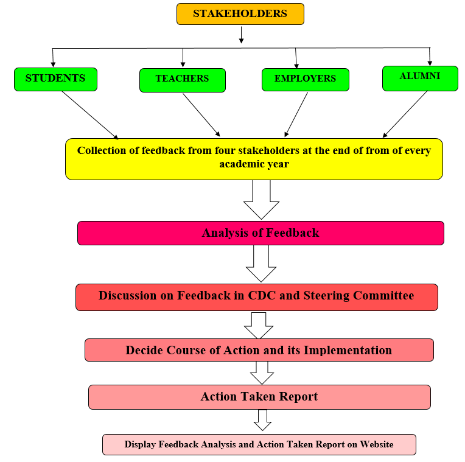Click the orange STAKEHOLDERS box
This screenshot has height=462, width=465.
[x=240, y=14]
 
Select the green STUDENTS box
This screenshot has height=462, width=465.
[x=56, y=79]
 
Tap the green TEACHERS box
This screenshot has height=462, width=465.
[x=183, y=80]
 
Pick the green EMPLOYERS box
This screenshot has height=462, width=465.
[x=306, y=80]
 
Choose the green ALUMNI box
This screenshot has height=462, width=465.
[x=420, y=79]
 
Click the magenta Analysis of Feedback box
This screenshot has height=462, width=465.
[x=260, y=233]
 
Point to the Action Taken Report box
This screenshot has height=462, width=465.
[x=259, y=397]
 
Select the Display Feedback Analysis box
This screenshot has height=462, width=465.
[x=259, y=444]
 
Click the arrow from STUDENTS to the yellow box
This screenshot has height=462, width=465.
[x=90, y=115]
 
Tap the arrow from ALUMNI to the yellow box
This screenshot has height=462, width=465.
[x=405, y=114]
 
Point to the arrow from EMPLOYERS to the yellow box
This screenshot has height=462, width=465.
[x=296, y=114]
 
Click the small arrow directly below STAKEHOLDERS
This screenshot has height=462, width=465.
[x=242, y=35]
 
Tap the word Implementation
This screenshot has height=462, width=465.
[x=348, y=351]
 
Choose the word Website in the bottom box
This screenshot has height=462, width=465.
[x=377, y=444]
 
